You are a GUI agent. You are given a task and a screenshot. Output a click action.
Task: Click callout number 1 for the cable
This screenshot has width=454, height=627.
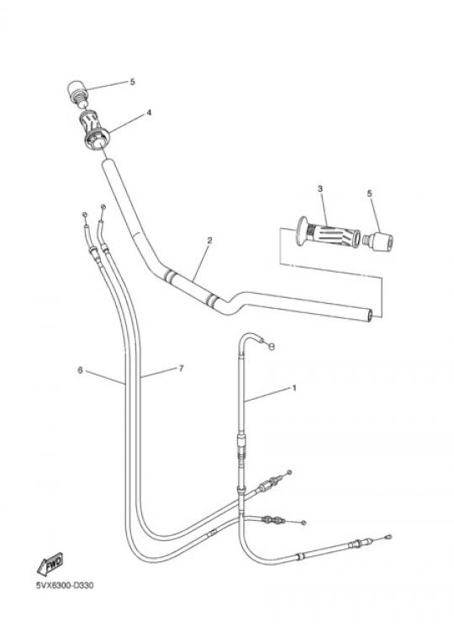(x=294, y=388)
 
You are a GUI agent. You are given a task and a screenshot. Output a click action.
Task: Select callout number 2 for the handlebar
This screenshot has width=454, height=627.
(x=209, y=241)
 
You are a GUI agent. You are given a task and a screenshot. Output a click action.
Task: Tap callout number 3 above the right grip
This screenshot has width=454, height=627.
(x=320, y=189)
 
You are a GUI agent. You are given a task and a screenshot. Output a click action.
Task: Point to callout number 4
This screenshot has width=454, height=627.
(x=149, y=113)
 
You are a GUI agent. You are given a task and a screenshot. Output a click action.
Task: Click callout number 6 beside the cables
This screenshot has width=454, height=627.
(x=80, y=370)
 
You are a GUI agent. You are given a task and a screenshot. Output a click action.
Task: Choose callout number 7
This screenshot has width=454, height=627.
(x=182, y=369)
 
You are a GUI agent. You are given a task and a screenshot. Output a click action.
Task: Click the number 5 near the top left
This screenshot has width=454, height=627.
(x=133, y=82)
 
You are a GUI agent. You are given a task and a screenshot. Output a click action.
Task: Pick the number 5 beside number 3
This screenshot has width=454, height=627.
(x=369, y=194)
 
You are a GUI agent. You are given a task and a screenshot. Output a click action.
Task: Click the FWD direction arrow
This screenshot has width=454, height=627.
(x=50, y=564)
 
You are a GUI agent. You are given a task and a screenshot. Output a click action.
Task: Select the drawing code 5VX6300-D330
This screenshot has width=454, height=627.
(x=65, y=586)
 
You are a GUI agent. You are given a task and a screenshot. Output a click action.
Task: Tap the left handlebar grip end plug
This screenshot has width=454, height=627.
(x=77, y=93)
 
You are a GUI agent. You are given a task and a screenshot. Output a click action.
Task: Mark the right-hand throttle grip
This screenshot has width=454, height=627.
(x=328, y=234)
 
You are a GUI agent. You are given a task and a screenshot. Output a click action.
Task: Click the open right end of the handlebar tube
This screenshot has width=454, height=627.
(x=370, y=315)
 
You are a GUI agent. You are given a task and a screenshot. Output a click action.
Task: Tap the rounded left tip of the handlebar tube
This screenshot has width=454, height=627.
(x=107, y=163)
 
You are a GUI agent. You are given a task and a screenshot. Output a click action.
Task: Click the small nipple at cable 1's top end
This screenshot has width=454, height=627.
(x=272, y=347)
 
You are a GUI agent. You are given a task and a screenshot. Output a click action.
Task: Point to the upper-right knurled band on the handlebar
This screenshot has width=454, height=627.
(x=213, y=299)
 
